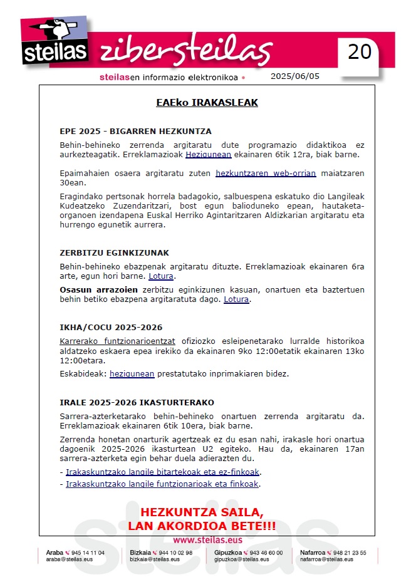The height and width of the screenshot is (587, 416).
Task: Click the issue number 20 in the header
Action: (360, 51)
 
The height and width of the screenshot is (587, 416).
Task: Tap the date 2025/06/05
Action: (294, 76)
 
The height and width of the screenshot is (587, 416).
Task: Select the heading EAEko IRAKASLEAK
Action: (207, 103)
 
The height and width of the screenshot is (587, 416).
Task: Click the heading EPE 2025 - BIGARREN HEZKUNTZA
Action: (135, 132)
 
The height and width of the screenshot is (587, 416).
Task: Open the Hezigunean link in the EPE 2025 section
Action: (209, 154)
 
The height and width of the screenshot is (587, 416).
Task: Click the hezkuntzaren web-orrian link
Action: (266, 173)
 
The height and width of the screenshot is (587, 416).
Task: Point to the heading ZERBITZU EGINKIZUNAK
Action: (114, 253)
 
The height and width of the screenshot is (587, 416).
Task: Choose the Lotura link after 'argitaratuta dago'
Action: (237, 299)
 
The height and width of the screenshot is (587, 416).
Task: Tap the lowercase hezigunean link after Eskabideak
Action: (132, 374)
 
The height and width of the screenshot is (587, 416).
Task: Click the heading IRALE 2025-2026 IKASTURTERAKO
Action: (137, 402)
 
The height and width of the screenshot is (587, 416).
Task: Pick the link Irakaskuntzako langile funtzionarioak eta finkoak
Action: (162, 484)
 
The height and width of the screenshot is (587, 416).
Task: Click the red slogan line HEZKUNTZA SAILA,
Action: (202, 512)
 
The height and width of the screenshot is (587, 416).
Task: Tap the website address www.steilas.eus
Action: (207, 540)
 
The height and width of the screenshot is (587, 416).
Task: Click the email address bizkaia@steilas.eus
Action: (152, 559)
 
